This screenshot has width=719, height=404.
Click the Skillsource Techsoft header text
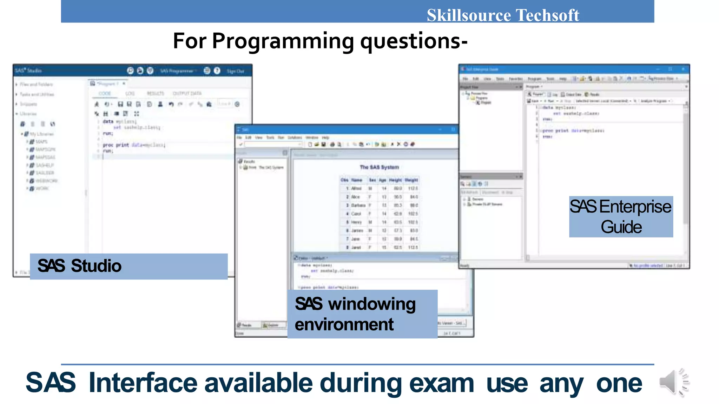pyautogui.click(x=502, y=15)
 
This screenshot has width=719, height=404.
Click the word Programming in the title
pyautogui.click(x=283, y=41)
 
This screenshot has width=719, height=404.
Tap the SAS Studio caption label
pyautogui.click(x=80, y=266)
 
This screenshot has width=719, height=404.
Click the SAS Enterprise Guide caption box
pyautogui.click(x=621, y=216)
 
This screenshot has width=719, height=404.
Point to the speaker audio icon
pyautogui.click(x=673, y=382)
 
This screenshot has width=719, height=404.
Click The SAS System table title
pyautogui.click(x=379, y=167)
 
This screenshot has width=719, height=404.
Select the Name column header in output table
pyautogui.click(x=356, y=180)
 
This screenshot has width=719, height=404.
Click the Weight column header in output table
pyautogui.click(x=411, y=180)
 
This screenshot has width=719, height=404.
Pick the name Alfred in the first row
pyautogui.click(x=356, y=188)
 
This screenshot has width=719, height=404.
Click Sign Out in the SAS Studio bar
pyautogui.click(x=235, y=71)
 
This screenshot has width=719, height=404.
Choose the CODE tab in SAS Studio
pyautogui.click(x=105, y=93)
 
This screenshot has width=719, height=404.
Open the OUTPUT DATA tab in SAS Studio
pyautogui.click(x=187, y=93)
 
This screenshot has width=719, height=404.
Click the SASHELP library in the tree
pyautogui.click(x=45, y=165)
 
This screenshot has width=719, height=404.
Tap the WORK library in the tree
pyautogui.click(x=42, y=189)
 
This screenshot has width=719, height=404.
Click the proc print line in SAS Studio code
pyautogui.click(x=133, y=145)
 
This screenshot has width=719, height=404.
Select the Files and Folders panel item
pyautogui.click(x=36, y=85)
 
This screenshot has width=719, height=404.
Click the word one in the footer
pyautogui.click(x=619, y=383)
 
